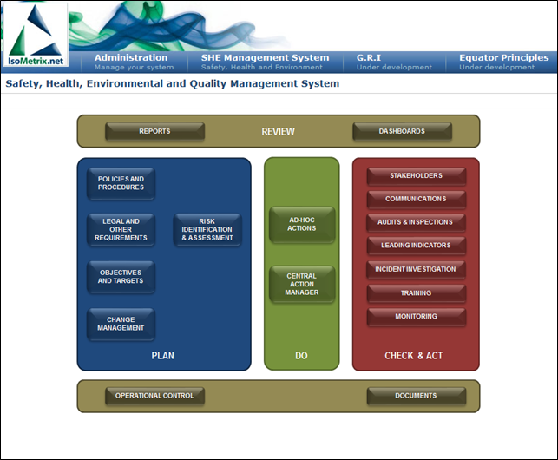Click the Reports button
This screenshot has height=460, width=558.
click(154, 131)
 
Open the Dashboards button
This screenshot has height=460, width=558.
click(402, 131)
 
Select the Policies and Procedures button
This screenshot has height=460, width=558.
click(121, 183)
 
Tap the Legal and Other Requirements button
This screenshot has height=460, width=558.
click(121, 230)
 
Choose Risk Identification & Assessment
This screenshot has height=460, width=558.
click(207, 230)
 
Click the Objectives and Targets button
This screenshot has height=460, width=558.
click(121, 277)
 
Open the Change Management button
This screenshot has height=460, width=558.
click(121, 324)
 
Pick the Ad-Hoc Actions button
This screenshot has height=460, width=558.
click(302, 224)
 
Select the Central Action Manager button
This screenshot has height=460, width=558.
click(302, 284)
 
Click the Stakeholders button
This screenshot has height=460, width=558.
click(416, 176)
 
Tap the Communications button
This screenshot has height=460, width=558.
click(416, 199)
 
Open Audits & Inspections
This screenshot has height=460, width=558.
click(416, 222)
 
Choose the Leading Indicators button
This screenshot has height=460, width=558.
click(416, 246)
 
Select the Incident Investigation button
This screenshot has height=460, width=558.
click(416, 270)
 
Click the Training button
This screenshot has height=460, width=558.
click(416, 293)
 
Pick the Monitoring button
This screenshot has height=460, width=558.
click(416, 317)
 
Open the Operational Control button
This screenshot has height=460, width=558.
click(154, 396)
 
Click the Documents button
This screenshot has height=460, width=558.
click(416, 396)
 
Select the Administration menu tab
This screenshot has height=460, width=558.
click(135, 62)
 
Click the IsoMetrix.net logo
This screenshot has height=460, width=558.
click(36, 35)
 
